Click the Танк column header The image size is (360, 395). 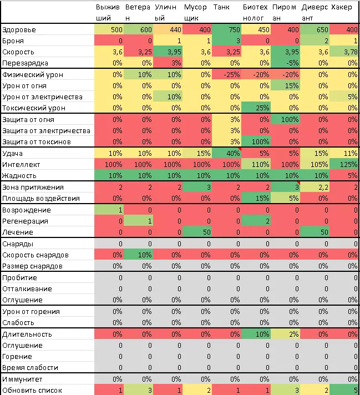click(221, 7)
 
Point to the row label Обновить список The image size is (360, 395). click(32, 391)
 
